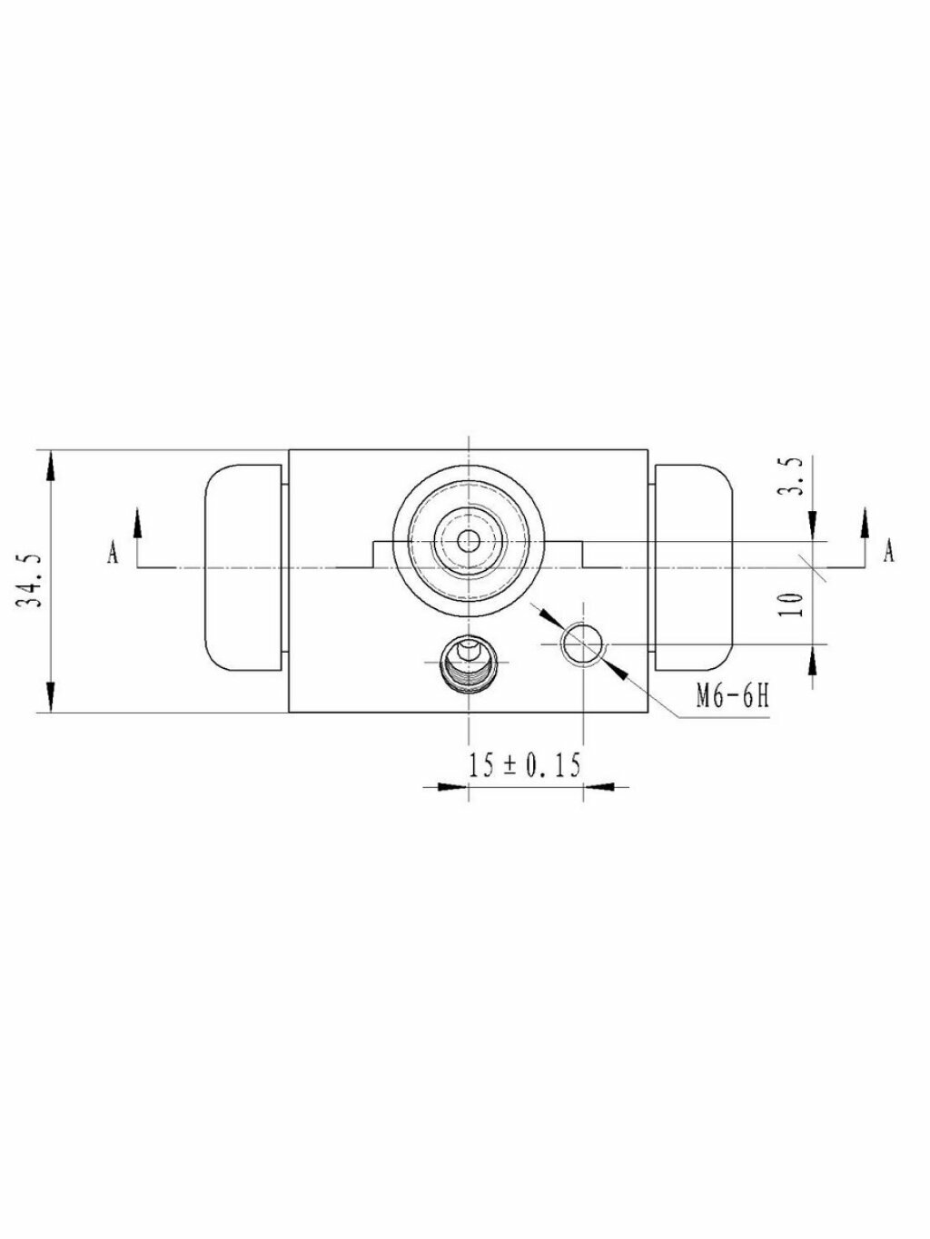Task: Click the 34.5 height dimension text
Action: [x=28, y=582]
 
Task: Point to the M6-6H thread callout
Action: [x=733, y=698]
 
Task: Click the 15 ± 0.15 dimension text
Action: [x=525, y=766]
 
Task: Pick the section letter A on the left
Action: [x=113, y=553]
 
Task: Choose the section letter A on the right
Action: [x=889, y=552]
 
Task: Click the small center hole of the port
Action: [x=468, y=542]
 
